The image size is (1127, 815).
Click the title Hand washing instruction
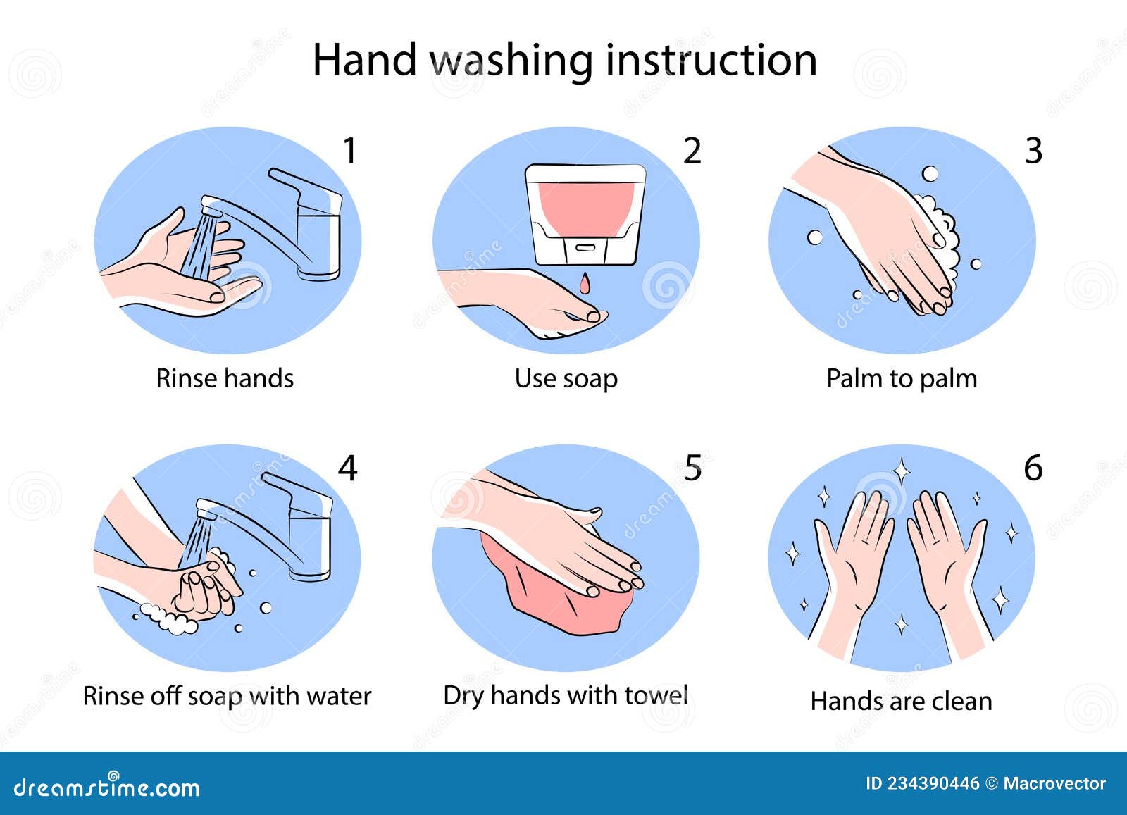pos(564,60)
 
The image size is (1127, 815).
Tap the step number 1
pos(349,151)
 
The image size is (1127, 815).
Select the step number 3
pos(1033,151)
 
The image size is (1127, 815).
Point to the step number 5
pos(693,468)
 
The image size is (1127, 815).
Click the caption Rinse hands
pos(225,379)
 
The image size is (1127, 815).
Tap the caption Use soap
pos(566,379)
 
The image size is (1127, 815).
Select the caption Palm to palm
pos(902,379)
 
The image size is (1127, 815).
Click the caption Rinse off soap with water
pos(227,696)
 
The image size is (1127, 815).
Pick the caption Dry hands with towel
pos(566,696)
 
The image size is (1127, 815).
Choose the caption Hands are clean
pos(901,702)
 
